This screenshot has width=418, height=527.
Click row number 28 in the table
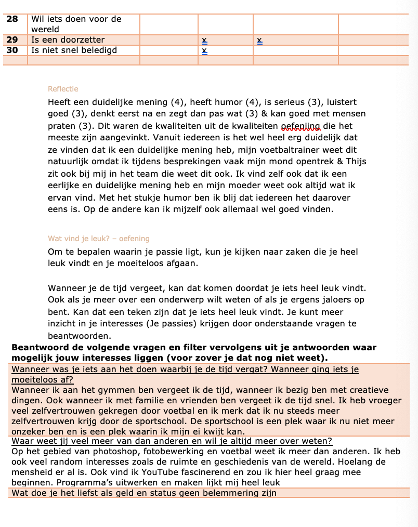[12, 19]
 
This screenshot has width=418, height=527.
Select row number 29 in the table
[12, 40]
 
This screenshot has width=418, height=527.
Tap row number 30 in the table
[12, 50]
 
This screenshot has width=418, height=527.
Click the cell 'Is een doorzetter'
[68, 40]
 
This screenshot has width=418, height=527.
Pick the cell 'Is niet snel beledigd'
[74, 50]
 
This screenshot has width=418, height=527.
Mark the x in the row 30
[204, 51]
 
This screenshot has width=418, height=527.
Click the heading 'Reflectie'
[63, 89]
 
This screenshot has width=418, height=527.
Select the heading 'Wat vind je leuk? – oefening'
[99, 239]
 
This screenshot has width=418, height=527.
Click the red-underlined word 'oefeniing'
[301, 126]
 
